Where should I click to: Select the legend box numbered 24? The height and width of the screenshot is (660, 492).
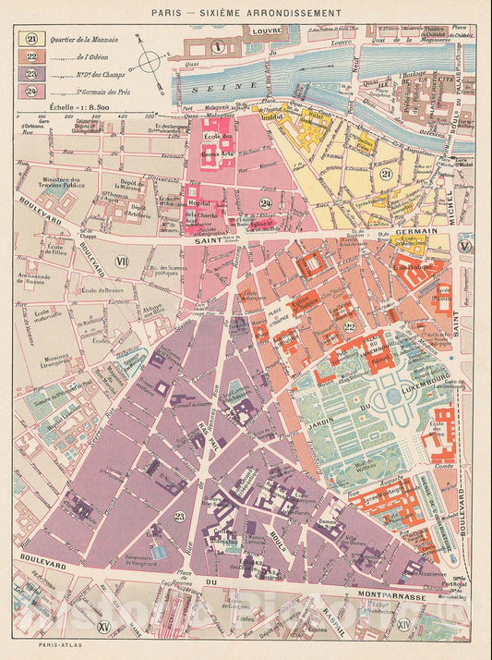30,92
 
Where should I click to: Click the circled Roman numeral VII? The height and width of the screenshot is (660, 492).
120,262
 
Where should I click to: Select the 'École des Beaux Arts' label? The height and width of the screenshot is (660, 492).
217,144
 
